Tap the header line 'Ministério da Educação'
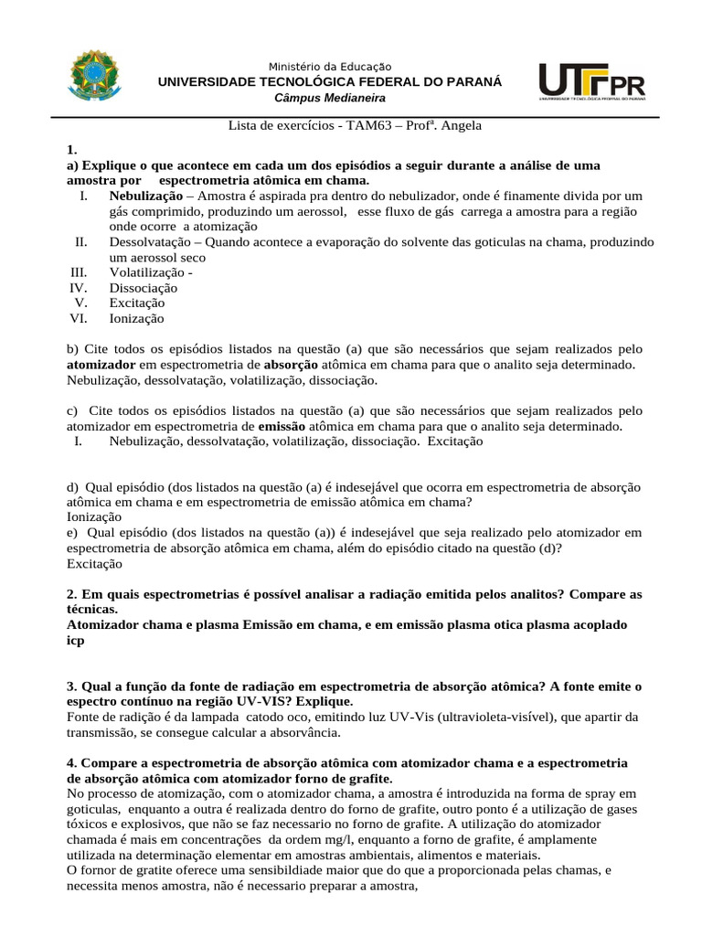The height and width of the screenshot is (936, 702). click(x=330, y=67)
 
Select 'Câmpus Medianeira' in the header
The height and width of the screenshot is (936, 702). click(x=330, y=98)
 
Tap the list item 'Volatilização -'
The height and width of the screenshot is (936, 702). click(x=151, y=272)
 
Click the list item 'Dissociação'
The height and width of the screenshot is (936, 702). click(x=144, y=288)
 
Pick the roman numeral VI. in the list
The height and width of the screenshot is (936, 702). click(x=78, y=318)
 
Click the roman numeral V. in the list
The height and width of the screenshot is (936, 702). click(x=80, y=303)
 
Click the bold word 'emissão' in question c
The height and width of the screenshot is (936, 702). click(x=282, y=426)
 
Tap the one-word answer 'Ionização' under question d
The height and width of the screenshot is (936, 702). click(x=94, y=516)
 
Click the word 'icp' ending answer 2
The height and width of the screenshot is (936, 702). click(x=76, y=641)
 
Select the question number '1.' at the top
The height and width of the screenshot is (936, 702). click(x=72, y=150)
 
